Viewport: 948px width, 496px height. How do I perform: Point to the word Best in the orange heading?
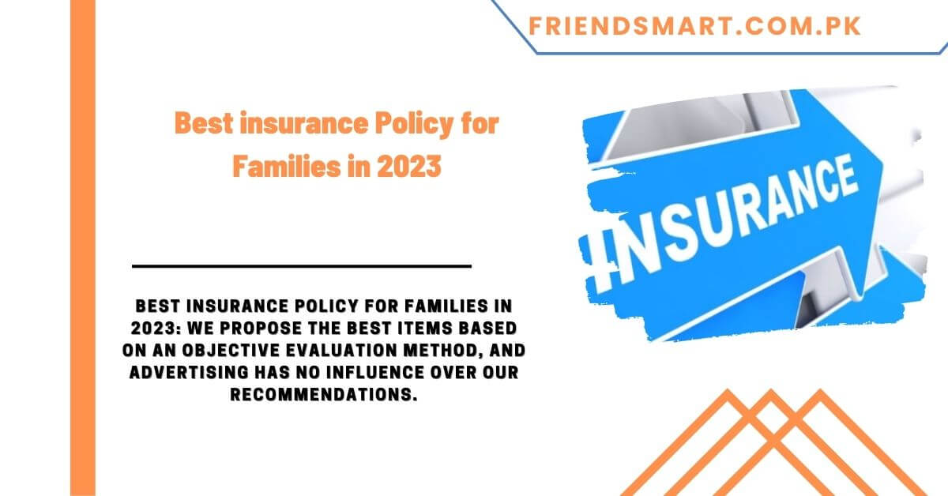pyautogui.click(x=199, y=125)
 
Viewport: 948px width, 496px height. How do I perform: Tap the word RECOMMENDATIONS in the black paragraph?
pyautogui.click(x=323, y=395)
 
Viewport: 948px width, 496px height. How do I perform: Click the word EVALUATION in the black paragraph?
pyautogui.click(x=333, y=349)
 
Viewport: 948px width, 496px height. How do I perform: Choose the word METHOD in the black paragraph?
pyautogui.click(x=438, y=349)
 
